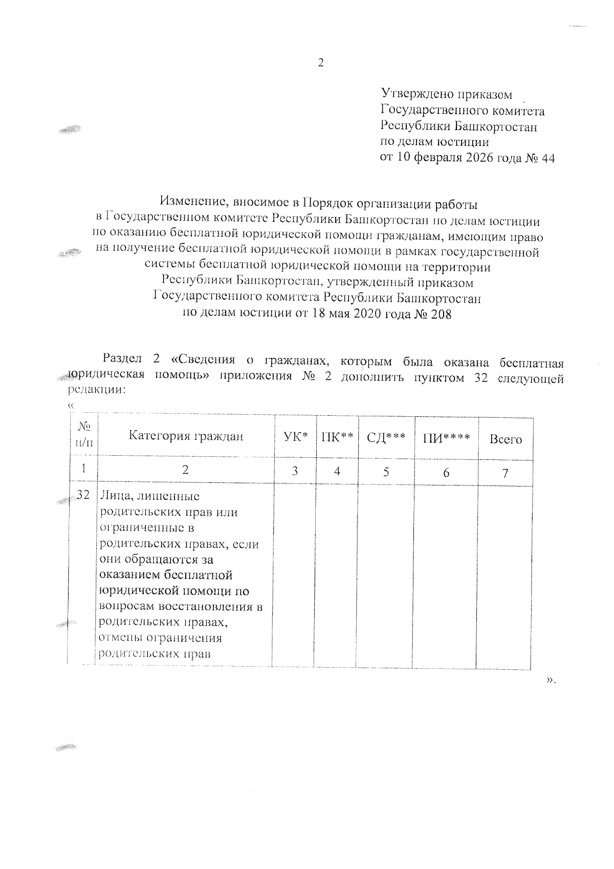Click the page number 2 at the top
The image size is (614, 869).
click(x=321, y=63)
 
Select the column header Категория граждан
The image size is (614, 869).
click(x=185, y=436)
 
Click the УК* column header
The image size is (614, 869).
click(x=295, y=437)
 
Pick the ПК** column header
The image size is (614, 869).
click(x=337, y=437)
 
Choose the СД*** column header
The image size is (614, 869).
click(x=386, y=437)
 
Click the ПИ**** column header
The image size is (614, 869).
click(x=446, y=438)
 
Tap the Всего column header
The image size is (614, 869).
click(x=506, y=439)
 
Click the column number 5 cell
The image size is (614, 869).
click(x=386, y=472)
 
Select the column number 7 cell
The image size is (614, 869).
click(x=506, y=473)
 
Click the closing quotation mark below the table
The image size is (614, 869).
click(x=550, y=680)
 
